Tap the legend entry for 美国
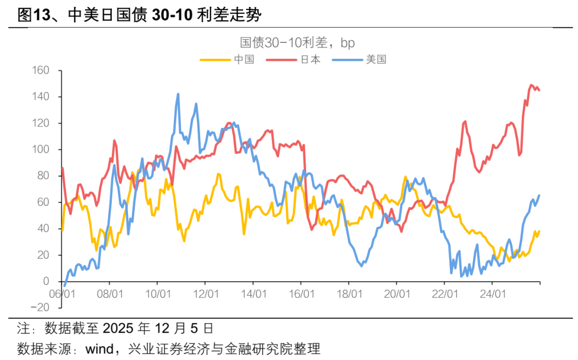tap(375, 59)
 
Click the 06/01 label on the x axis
tap(62, 294)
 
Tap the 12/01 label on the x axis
tap(206, 294)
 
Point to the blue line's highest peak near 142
tap(178, 94)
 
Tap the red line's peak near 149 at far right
tap(531, 85)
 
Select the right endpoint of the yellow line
tap(539, 231)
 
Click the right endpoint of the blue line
tap(539, 195)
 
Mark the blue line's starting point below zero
tap(65, 286)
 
